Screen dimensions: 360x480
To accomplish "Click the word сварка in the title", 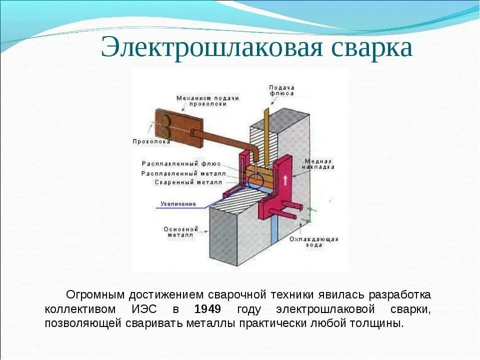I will click(370, 48).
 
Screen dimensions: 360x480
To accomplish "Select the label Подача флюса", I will click(281, 90).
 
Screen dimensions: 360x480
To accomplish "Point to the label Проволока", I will click(151, 141).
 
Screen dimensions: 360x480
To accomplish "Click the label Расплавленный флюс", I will click(181, 163).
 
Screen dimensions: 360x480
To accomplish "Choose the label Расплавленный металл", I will click(183, 173).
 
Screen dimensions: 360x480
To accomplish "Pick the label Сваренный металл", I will click(188, 182).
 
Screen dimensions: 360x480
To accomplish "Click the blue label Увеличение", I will click(178, 204).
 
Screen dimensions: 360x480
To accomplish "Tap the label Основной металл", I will click(180, 233).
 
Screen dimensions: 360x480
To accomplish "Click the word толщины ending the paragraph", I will click(379, 323).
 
